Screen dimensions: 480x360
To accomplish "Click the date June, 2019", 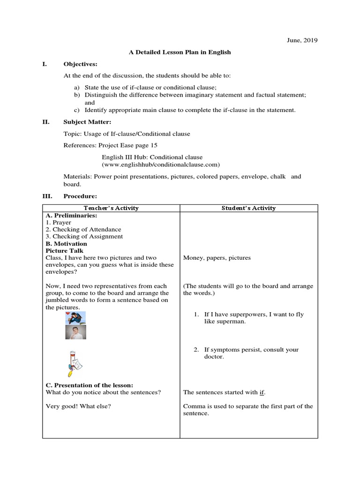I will (x=302, y=41).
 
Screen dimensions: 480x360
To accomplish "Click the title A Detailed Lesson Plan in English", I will (x=180, y=52).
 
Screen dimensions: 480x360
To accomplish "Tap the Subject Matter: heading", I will (x=87, y=122).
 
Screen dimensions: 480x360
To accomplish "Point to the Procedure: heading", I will (x=80, y=196).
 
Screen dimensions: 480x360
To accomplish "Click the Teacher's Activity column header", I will (x=111, y=208).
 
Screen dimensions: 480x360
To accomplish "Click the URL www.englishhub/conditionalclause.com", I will (x=161, y=165).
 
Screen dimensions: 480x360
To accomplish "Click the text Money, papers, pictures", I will (x=217, y=258).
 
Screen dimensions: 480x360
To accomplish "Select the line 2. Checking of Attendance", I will (x=83, y=229).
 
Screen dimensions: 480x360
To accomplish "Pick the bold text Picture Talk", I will (x=64, y=251).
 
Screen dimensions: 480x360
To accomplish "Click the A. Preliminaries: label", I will (x=71, y=215).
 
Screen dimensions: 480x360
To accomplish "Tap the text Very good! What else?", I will (x=78, y=406).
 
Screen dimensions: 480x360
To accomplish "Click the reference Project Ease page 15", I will (x=111, y=145).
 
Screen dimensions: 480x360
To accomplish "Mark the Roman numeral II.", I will (x=46, y=122).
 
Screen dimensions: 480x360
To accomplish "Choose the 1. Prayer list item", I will (x=59, y=222).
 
